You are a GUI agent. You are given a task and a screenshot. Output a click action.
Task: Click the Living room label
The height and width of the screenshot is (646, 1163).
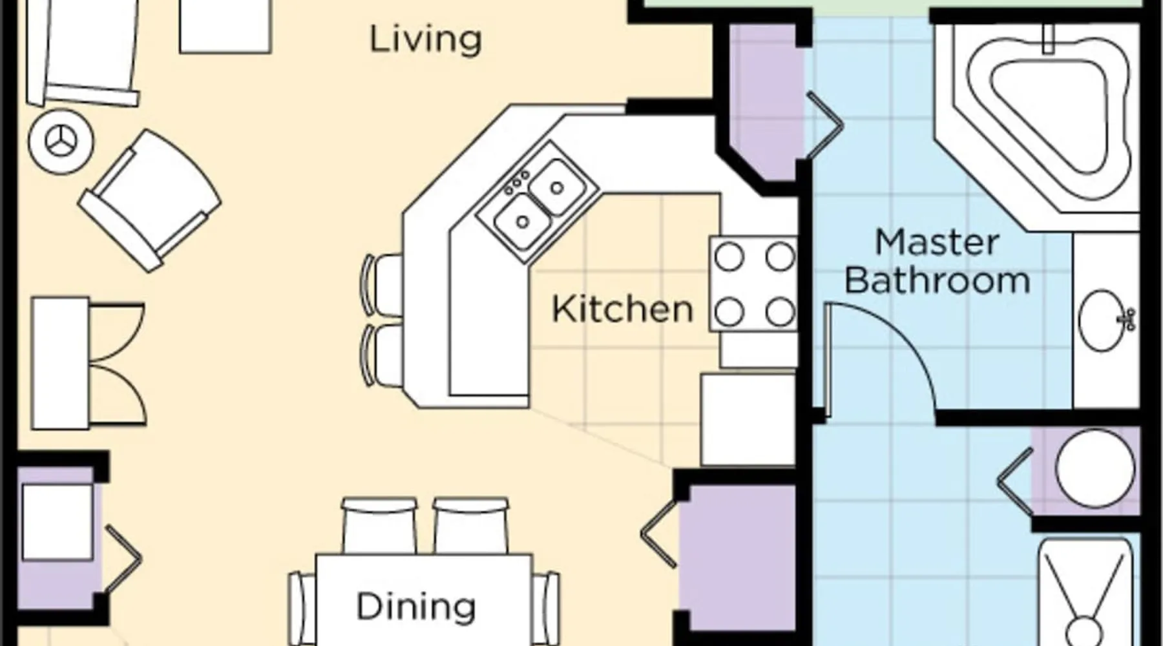(x=425, y=40)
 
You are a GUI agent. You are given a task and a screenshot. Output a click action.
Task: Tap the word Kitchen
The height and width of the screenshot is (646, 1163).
(x=622, y=309)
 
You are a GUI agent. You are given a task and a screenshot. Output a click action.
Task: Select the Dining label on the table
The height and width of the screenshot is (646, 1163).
(x=416, y=607)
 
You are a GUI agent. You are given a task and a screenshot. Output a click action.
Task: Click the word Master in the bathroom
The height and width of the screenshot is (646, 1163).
(x=937, y=242)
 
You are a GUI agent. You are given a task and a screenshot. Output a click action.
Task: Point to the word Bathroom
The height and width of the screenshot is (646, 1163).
(x=937, y=280)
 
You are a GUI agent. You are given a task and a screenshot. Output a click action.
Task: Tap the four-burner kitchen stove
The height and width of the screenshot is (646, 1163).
(x=753, y=284)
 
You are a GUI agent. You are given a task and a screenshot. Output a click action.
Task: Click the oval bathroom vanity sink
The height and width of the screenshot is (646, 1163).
(x=1105, y=320)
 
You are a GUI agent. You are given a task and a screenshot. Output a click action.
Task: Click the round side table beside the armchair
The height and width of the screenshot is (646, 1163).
(x=61, y=141)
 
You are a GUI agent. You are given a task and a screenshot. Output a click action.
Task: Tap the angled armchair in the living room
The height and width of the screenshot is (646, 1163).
(x=150, y=200)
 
